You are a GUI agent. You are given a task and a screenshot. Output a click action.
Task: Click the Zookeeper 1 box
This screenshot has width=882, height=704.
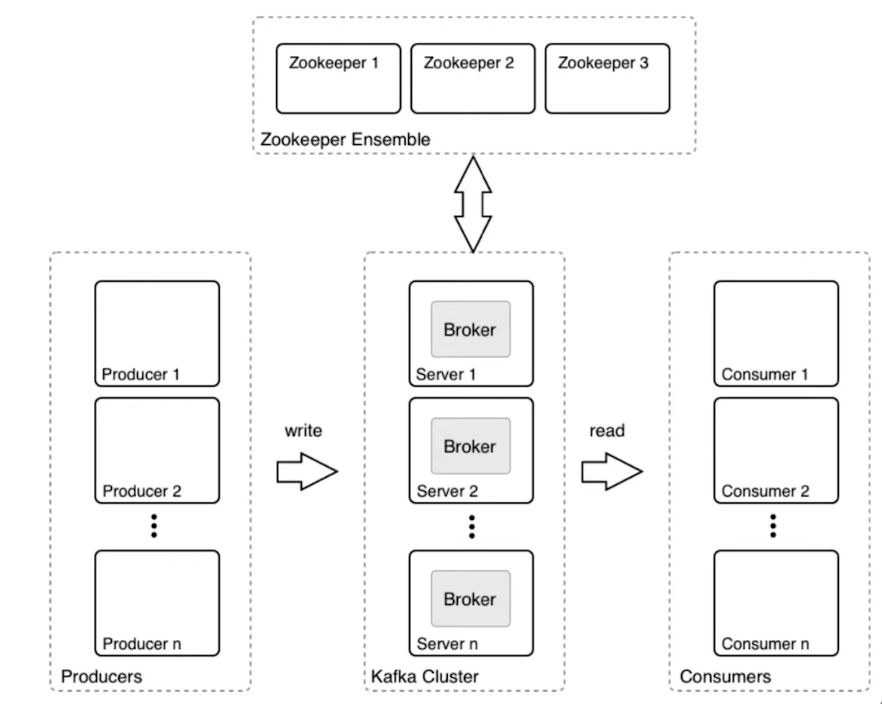click(338, 79)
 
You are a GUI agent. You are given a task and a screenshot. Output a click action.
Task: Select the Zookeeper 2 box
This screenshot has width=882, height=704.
click(473, 79)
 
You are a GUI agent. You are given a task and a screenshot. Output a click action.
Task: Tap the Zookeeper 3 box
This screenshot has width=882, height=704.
click(607, 79)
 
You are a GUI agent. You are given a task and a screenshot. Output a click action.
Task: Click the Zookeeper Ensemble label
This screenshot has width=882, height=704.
click(345, 139)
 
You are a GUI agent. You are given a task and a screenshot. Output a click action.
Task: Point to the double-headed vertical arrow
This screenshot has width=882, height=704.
click(473, 204)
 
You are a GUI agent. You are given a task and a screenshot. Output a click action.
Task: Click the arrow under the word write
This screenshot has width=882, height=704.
click(307, 471)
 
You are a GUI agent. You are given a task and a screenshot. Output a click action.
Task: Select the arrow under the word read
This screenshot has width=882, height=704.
click(611, 471)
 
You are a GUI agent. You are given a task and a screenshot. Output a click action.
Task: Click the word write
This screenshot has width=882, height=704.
click(303, 431)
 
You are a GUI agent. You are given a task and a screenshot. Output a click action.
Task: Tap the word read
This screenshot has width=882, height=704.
click(607, 431)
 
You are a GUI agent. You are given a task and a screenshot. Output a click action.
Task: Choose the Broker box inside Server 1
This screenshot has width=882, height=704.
click(471, 329)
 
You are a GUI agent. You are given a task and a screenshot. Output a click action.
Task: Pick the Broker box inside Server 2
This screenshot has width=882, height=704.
click(471, 446)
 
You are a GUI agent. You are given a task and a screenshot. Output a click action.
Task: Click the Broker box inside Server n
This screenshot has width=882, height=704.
click(471, 599)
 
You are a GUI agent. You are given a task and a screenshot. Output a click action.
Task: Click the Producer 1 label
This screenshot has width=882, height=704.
click(141, 374)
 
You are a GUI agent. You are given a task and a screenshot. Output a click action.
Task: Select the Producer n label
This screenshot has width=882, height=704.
click(142, 644)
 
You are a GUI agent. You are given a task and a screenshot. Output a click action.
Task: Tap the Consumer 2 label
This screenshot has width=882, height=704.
click(765, 491)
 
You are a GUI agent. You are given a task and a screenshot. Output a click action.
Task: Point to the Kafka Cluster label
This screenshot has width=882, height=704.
click(424, 677)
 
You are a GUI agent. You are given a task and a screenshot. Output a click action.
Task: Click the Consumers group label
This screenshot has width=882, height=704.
click(725, 677)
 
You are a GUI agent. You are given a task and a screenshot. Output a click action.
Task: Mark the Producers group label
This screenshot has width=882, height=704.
click(101, 677)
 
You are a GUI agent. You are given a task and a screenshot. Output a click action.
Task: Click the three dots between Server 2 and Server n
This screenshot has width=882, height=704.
click(472, 527)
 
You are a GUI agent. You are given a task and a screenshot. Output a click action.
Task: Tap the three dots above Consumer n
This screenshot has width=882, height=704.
click(773, 526)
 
